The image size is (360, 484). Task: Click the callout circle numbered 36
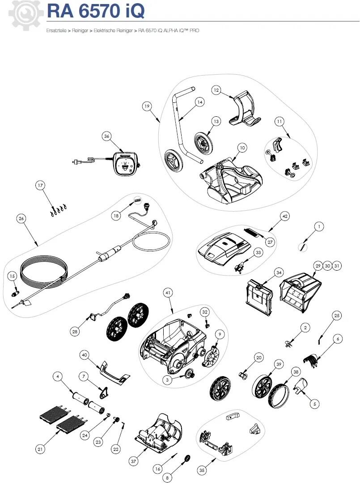click(106, 136)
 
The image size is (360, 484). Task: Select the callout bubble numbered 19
click(147, 106)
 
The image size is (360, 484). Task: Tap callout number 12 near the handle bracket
click(216, 90)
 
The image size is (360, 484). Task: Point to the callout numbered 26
click(21, 218)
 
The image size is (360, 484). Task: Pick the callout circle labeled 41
click(168, 293)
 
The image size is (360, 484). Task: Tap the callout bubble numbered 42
click(284, 215)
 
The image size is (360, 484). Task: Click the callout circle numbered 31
click(337, 266)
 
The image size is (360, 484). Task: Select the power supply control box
click(127, 163)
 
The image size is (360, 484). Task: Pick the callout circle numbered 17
click(40, 185)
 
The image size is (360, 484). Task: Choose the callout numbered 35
click(202, 470)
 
